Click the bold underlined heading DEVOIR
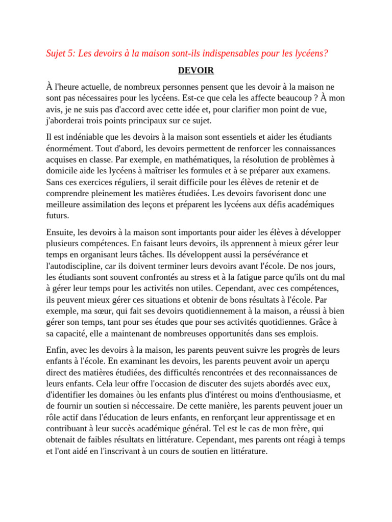[x=196, y=70]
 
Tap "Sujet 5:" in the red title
[x=60, y=54]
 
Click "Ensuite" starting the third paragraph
[x=61, y=232]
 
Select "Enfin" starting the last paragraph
[x=56, y=350]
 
